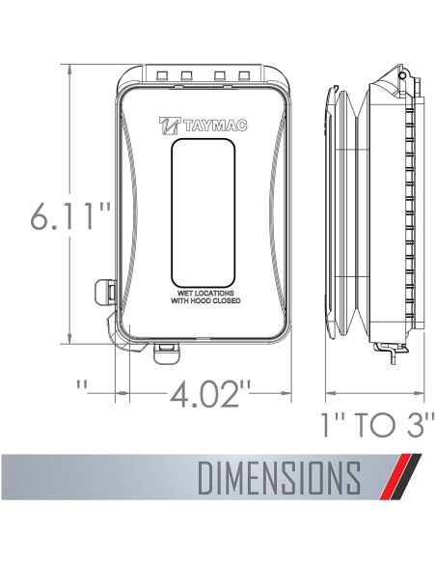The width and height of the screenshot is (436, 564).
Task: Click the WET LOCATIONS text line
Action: (x=206, y=292)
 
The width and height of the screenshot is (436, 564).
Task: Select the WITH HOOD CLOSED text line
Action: (x=206, y=301)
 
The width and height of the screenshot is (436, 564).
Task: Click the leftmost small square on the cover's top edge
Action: (x=161, y=75)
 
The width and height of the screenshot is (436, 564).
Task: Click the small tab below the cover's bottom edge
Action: (x=165, y=352)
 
